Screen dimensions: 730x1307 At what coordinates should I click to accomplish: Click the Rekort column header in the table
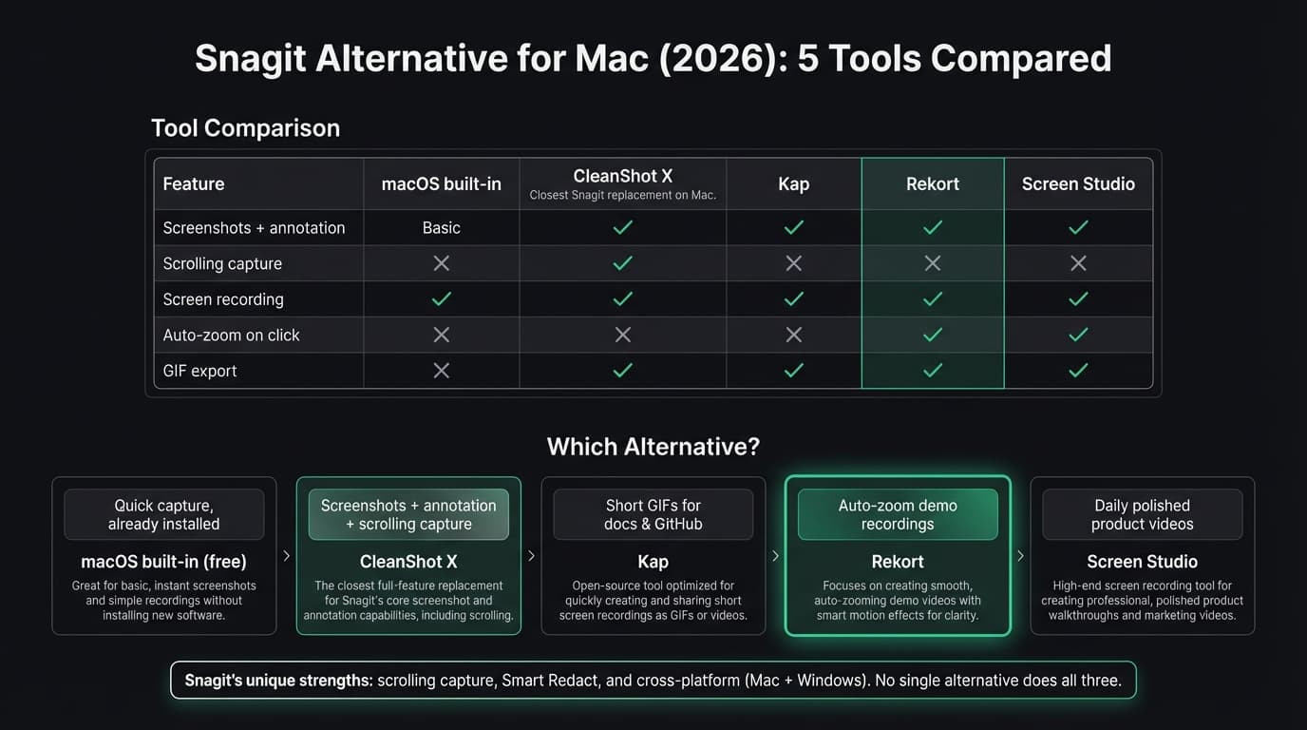tap(932, 184)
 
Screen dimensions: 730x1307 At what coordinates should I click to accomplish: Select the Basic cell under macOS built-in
tap(441, 228)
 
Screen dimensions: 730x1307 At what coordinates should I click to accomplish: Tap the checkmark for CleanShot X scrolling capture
tap(622, 263)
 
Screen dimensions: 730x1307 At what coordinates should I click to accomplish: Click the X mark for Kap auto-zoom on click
tap(793, 335)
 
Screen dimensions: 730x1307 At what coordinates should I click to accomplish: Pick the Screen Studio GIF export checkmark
tap(1077, 371)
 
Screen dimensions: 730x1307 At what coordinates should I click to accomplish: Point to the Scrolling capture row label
tap(222, 263)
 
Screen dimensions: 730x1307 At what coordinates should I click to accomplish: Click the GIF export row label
tap(199, 371)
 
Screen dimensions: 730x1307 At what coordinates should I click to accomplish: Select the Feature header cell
tap(194, 184)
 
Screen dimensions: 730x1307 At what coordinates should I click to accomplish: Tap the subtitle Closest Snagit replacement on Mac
tap(622, 196)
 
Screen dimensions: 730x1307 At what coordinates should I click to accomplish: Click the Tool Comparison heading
tap(245, 128)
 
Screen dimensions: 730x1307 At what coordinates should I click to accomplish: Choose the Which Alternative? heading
tap(653, 447)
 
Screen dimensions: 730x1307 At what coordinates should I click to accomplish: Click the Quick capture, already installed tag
tap(163, 514)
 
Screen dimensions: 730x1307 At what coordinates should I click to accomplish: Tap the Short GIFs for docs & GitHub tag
tap(653, 514)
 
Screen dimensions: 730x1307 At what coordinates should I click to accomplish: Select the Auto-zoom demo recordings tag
tap(897, 514)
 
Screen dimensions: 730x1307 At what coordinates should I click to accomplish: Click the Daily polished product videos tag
tap(1142, 514)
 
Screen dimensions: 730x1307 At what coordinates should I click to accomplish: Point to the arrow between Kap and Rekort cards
tap(775, 556)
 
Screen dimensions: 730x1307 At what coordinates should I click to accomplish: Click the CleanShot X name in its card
tap(408, 562)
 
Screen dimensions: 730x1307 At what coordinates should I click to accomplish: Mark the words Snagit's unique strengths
tap(278, 681)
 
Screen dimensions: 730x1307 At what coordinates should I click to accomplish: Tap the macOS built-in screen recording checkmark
tap(441, 299)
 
